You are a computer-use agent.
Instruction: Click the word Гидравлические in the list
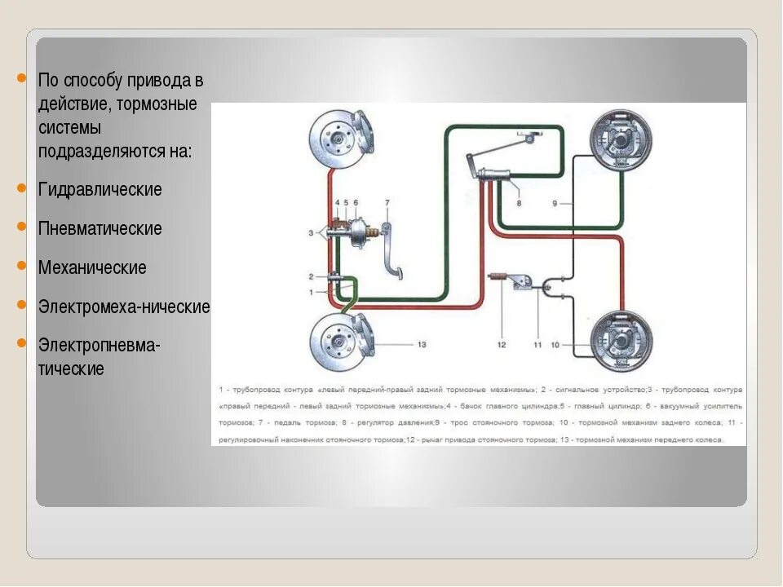pos(100,189)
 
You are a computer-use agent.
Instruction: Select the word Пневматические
pos(100,228)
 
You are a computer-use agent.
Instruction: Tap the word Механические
pos(91,267)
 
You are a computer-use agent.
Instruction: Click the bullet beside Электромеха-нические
pos(23,304)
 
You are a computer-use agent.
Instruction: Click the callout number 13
pos(422,345)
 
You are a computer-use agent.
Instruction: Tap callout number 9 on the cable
pos(554,203)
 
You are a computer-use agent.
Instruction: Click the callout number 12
pos(502,345)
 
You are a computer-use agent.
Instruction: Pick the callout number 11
pos(537,345)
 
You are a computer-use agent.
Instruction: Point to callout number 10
pos(555,345)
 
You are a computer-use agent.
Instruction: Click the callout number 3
pos(311,233)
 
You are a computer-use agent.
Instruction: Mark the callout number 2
pos(311,277)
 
